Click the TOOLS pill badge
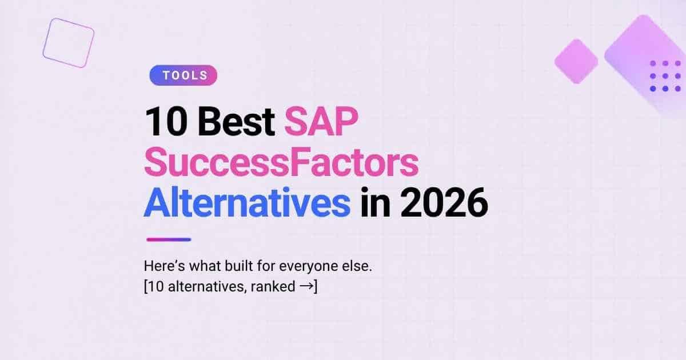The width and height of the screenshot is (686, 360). click(x=183, y=75)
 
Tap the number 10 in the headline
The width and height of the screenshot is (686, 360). click(x=166, y=121)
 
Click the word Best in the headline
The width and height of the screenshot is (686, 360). click(x=236, y=121)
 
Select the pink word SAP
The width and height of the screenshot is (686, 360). click(x=321, y=121)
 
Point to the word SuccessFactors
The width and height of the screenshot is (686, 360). click(x=281, y=162)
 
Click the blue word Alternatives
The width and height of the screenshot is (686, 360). click(x=247, y=202)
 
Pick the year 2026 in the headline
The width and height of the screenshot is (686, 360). click(x=444, y=203)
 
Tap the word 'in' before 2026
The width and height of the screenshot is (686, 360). click(x=375, y=202)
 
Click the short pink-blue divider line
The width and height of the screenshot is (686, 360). click(x=169, y=239)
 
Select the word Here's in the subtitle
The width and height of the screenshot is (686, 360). click(x=165, y=266)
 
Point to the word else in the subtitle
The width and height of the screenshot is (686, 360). click(x=357, y=266)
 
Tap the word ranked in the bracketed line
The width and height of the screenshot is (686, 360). click(x=273, y=287)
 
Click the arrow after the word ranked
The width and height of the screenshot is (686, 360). click(x=307, y=286)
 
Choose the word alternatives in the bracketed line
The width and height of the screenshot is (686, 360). click(x=208, y=287)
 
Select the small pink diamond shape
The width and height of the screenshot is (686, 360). click(x=576, y=61)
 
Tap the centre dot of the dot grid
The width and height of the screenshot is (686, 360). click(x=665, y=76)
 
